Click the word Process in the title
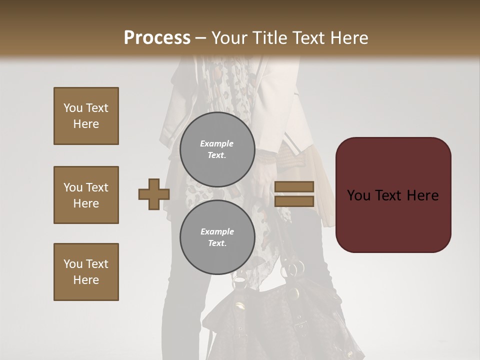tap(157, 37)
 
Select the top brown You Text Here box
tap(86, 116)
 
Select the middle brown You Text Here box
tap(86, 195)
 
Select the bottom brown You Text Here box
tap(86, 271)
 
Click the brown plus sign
tap(154, 194)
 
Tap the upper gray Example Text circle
tap(217, 149)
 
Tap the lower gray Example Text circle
tap(217, 237)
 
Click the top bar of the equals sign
tap(294, 186)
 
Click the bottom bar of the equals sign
tap(294, 201)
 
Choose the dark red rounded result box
tap(393, 195)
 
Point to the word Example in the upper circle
tap(217, 143)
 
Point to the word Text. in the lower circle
tap(217, 243)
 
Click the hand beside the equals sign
tap(265, 175)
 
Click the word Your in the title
tap(228, 38)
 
